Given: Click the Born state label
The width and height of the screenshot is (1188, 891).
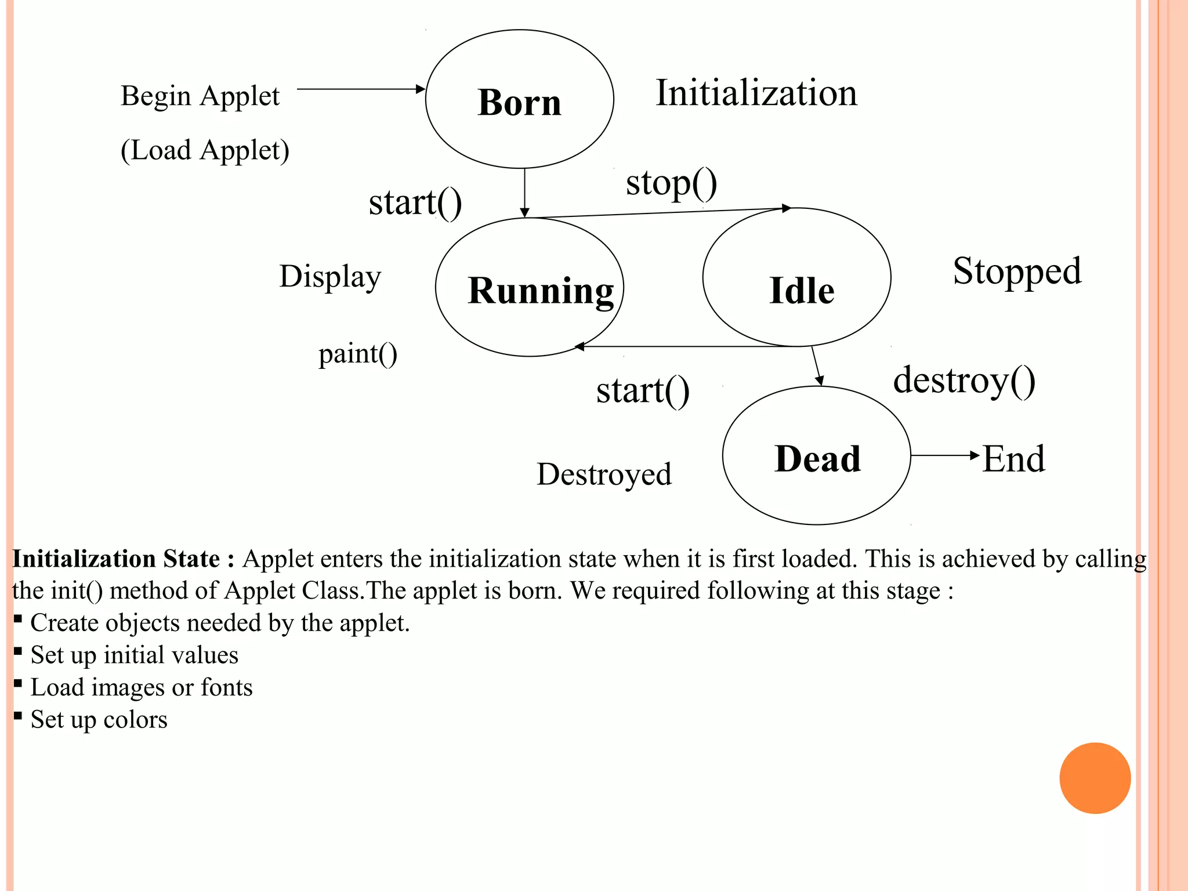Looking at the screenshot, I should point(519,103).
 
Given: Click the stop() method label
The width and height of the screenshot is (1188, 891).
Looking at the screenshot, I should point(671,183).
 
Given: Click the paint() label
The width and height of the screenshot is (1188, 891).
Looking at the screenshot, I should point(357,353).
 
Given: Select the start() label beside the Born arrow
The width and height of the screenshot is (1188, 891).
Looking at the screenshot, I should point(415,202).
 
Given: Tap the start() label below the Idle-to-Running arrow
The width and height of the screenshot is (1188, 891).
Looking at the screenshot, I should point(642,390).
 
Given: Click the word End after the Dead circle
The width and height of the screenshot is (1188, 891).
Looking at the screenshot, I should point(1013,459).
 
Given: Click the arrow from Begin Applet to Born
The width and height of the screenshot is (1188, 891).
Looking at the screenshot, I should point(360,89).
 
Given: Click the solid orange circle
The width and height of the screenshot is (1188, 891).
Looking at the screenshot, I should point(1095,778).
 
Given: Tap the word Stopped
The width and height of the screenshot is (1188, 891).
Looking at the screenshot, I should point(1017,271).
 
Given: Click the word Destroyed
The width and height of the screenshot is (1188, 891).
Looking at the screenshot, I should point(604,475).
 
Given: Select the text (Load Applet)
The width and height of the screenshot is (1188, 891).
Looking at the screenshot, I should point(205,150).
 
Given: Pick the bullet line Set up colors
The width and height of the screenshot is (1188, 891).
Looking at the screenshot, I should point(99,719).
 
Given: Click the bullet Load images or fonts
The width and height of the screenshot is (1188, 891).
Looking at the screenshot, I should point(141,687).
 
